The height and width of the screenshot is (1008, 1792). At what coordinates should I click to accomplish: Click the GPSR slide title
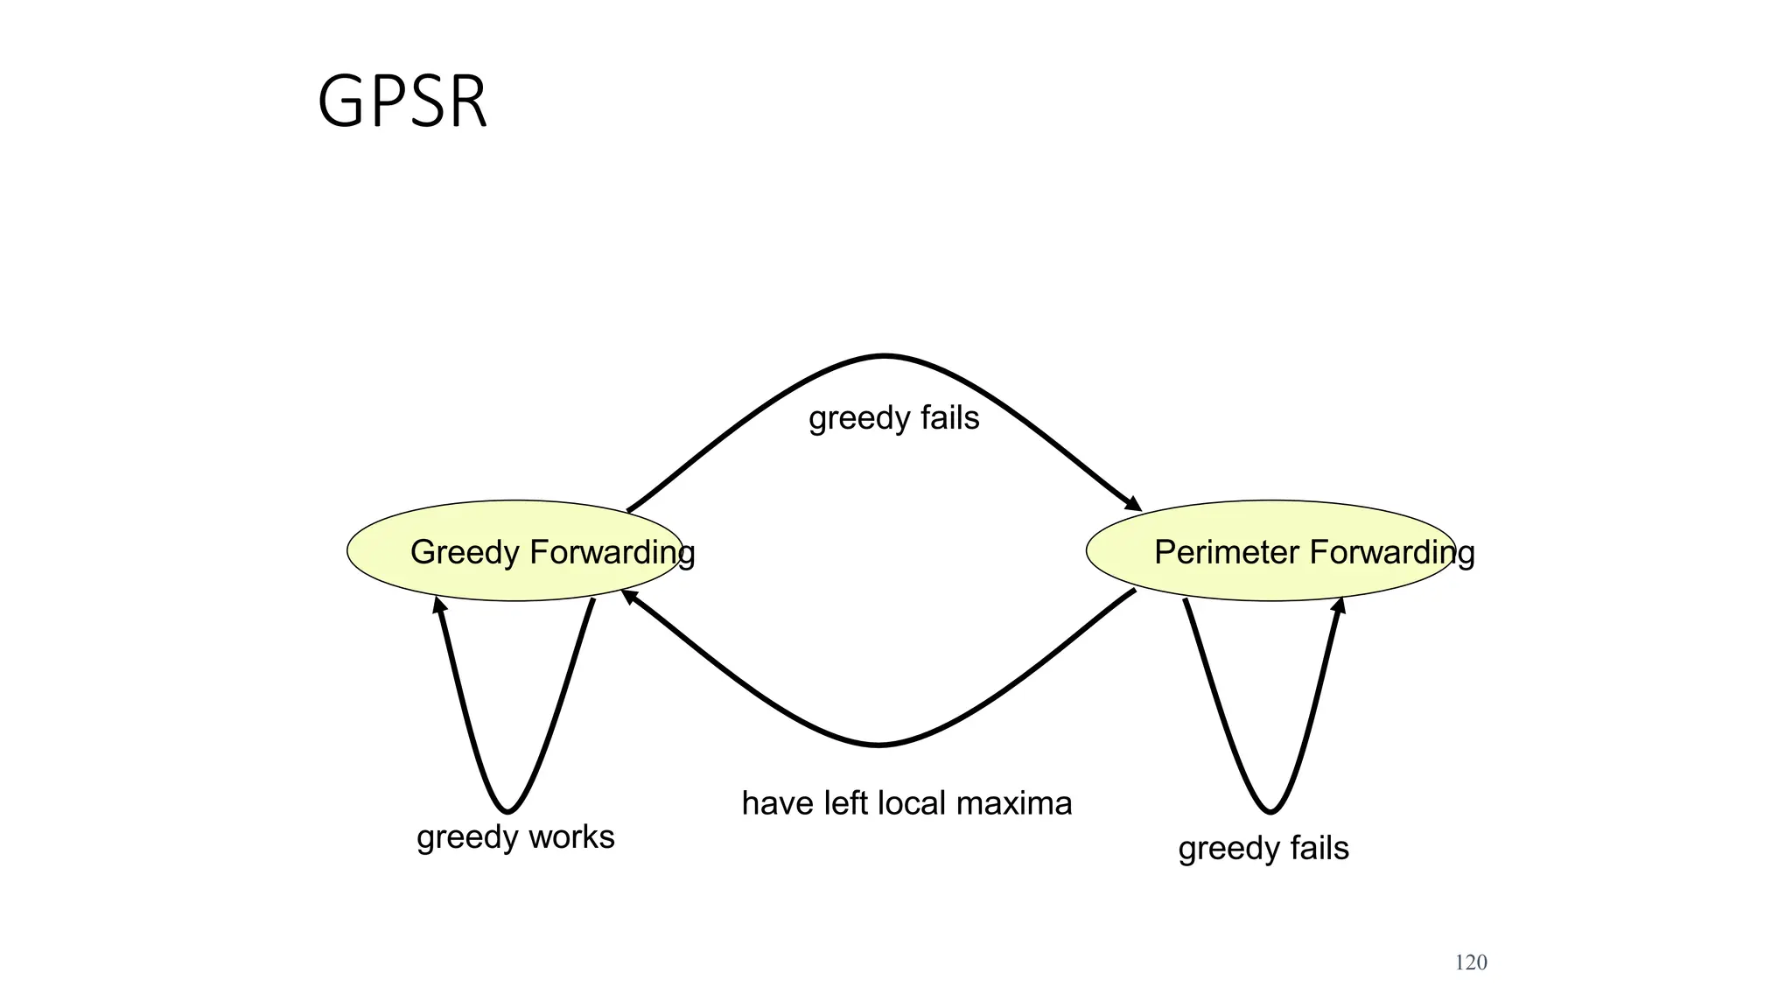[402, 102]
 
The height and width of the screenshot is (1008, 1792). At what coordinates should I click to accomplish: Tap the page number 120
[1470, 962]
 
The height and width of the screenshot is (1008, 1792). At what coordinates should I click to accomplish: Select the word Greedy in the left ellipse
[465, 553]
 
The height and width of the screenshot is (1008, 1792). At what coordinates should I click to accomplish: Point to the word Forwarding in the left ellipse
[612, 553]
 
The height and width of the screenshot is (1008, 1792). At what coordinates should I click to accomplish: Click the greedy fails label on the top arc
[893, 418]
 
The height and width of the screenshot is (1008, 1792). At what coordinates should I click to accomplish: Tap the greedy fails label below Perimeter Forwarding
[1263, 849]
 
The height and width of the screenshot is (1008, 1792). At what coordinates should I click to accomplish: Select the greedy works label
[515, 837]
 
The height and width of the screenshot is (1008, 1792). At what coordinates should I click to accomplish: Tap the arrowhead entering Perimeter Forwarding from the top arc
[1134, 504]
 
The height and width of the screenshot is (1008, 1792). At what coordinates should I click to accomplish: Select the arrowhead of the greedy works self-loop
[440, 605]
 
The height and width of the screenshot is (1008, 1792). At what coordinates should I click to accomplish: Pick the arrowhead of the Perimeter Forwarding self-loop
[1339, 605]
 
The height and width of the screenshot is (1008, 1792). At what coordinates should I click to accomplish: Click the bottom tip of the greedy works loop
[507, 811]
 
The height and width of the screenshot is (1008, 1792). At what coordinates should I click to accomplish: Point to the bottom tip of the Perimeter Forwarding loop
[1270, 811]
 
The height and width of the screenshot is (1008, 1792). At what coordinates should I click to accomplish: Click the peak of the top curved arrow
[884, 356]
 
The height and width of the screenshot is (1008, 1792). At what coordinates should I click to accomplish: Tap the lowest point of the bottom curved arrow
[878, 745]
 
